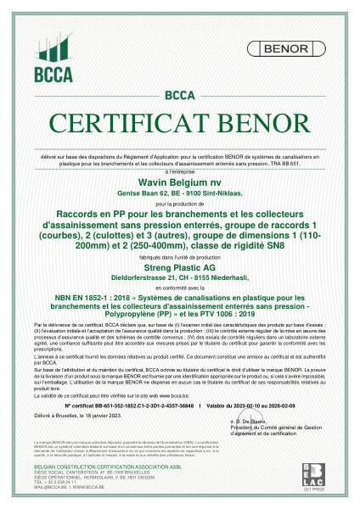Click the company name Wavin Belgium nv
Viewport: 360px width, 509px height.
click(x=179, y=182)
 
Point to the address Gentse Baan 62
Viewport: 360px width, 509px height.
click(x=149, y=194)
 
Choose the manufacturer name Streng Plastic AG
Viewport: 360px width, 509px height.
click(x=179, y=267)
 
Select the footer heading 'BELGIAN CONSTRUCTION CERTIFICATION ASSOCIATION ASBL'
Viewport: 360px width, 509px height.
click(x=94, y=477)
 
